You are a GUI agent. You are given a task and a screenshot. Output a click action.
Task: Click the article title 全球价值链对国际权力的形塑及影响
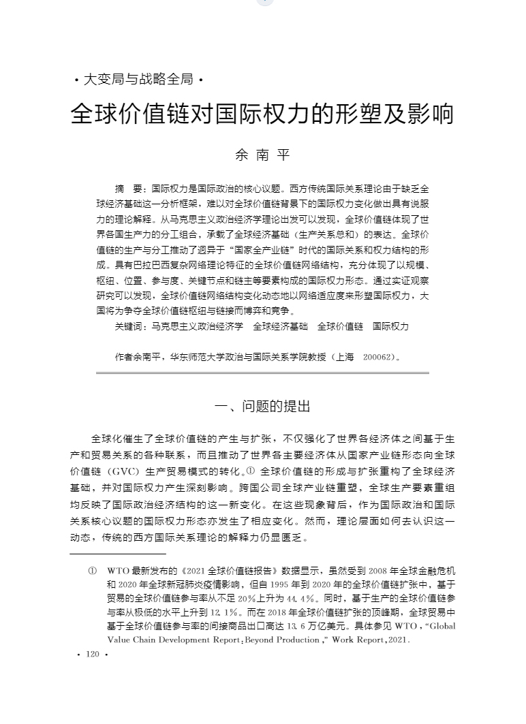tap(262, 114)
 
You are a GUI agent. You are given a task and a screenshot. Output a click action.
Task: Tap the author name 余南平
tap(262, 155)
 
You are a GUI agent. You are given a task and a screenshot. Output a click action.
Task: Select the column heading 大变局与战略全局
tap(138, 80)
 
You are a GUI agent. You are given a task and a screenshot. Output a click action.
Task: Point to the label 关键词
tap(129, 327)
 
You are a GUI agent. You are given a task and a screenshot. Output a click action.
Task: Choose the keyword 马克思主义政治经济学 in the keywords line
tap(198, 327)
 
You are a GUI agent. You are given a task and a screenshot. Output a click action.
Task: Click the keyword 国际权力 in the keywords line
tap(391, 327)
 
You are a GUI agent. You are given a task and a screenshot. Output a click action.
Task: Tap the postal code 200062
tap(378, 356)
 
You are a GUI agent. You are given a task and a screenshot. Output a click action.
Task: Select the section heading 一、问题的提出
tap(262, 407)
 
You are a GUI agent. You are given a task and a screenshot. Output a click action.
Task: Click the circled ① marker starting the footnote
tap(93, 569)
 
